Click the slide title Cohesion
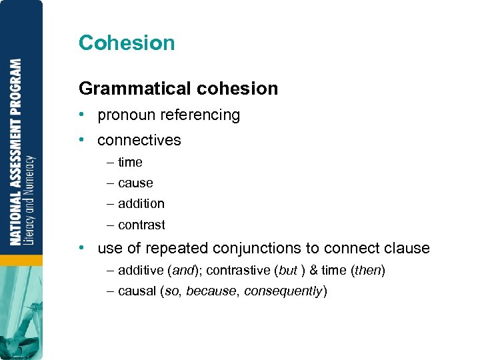click(x=127, y=43)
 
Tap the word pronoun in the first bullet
click(x=127, y=115)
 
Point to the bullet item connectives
click(x=139, y=140)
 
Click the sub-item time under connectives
click(x=130, y=162)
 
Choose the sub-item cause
click(x=135, y=183)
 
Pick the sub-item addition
click(x=141, y=203)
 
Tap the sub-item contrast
click(x=141, y=225)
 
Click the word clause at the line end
click(x=407, y=249)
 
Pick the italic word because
click(x=211, y=291)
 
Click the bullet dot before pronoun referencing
click(x=81, y=115)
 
